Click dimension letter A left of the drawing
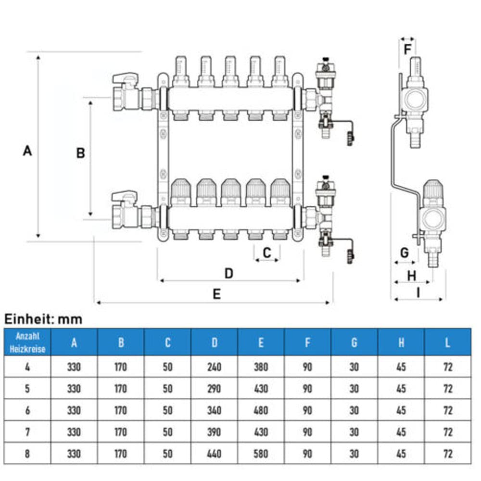(x=27, y=151)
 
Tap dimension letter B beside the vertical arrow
(x=80, y=153)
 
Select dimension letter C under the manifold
(x=267, y=253)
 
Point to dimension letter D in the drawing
(x=229, y=273)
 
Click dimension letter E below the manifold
(x=216, y=294)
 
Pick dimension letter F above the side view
(x=407, y=49)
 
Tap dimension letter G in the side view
(x=405, y=253)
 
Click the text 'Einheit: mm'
(x=43, y=319)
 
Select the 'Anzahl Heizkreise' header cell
(x=27, y=342)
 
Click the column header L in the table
(x=447, y=342)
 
